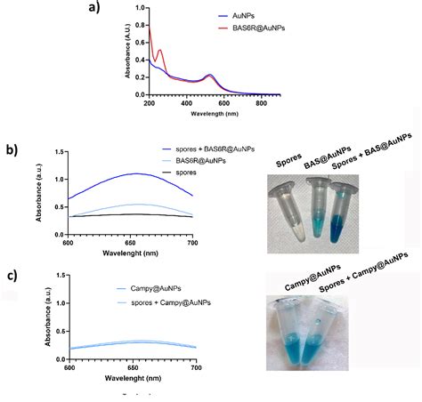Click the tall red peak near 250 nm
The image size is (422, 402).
coord(159,52)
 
